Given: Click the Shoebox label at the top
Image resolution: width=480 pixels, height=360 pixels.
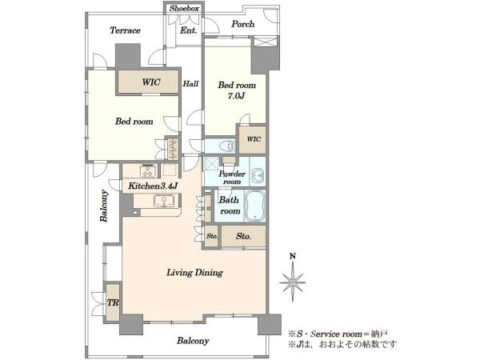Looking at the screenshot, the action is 184,8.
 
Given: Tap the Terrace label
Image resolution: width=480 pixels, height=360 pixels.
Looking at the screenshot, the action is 126,30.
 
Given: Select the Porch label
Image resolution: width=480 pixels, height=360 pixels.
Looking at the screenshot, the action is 242,24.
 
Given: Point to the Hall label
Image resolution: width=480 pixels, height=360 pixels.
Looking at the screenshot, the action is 190,83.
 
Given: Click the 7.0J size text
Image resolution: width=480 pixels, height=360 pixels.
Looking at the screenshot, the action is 236,96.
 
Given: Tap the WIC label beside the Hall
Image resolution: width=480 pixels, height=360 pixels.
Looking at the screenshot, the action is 151,82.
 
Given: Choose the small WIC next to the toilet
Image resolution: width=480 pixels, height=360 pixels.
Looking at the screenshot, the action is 254,139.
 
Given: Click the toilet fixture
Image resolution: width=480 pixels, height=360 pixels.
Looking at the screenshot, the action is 227,146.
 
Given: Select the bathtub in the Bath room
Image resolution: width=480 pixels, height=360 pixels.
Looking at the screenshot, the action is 254,206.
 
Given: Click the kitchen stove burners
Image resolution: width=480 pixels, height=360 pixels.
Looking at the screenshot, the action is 148,170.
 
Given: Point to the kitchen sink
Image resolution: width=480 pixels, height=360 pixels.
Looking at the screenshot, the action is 164,201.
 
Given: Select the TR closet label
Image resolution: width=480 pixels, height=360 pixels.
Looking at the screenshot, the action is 113,302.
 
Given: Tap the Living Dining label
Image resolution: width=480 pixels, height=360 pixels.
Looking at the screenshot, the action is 194,272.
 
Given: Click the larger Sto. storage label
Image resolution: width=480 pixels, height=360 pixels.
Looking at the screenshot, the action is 244,236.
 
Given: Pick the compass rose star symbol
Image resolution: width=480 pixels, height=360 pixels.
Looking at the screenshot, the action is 293,282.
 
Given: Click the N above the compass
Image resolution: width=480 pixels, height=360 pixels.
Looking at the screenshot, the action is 293,256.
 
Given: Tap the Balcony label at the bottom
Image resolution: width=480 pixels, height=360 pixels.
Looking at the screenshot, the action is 193,341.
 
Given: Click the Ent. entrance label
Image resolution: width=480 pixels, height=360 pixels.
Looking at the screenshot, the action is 189,30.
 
